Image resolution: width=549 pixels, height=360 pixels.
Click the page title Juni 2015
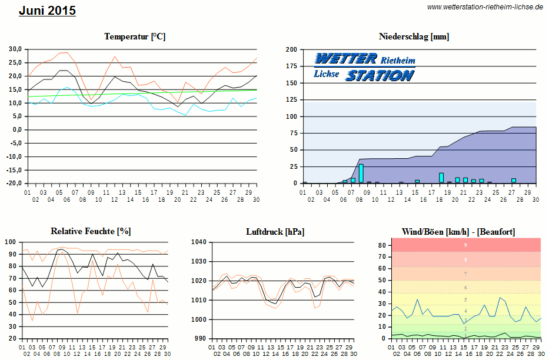(47, 11)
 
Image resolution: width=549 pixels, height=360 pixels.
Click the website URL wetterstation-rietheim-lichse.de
(485, 7)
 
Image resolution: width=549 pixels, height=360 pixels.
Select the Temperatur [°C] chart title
(135, 36)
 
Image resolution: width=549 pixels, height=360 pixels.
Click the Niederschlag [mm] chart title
(414, 36)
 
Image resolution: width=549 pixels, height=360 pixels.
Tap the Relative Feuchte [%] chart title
(91, 231)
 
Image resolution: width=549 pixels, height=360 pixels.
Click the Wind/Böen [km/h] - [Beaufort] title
(458, 232)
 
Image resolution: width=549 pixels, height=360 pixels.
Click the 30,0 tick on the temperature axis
(14, 49)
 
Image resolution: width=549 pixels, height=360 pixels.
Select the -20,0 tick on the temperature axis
(13, 184)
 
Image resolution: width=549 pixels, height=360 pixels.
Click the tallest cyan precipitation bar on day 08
(361, 174)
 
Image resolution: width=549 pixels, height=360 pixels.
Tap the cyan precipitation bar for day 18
(441, 178)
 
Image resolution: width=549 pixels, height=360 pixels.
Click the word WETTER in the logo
(346, 58)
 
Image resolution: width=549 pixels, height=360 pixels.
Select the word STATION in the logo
(380, 75)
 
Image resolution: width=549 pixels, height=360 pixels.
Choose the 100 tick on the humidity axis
(10, 242)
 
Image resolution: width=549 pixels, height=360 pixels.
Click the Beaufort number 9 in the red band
(465, 245)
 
